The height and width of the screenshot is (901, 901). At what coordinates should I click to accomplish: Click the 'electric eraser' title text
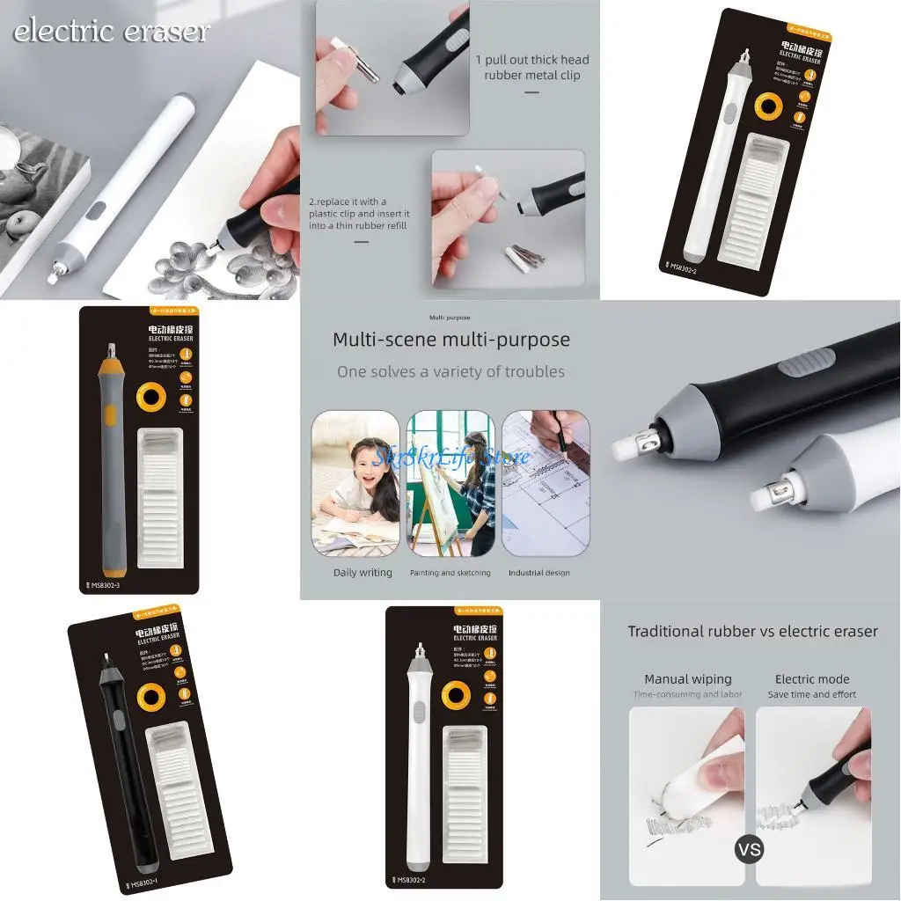pyautogui.click(x=112, y=33)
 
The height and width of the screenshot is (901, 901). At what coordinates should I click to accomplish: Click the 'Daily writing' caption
pyautogui.click(x=363, y=573)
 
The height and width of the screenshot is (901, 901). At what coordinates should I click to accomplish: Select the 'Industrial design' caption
pyautogui.click(x=538, y=573)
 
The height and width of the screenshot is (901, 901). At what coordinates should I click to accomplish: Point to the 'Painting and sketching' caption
pyautogui.click(x=450, y=573)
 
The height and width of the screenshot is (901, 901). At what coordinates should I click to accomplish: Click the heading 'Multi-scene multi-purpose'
pyautogui.click(x=450, y=340)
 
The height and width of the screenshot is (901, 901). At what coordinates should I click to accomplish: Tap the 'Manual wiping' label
pyautogui.click(x=687, y=679)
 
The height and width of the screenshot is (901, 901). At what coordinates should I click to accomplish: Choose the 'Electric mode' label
pyautogui.click(x=811, y=679)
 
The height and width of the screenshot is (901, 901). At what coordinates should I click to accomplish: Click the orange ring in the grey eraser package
pyautogui.click(x=151, y=398)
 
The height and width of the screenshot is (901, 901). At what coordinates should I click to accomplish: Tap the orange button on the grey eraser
pyautogui.click(x=109, y=416)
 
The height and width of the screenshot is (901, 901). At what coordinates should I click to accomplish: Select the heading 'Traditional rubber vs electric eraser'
pyautogui.click(x=752, y=631)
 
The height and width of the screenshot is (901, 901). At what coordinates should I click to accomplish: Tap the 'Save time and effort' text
pyautogui.click(x=811, y=694)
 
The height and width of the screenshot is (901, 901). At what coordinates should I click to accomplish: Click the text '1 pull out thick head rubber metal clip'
pyautogui.click(x=532, y=68)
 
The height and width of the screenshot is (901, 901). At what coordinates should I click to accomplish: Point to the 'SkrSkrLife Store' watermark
pyautogui.click(x=450, y=458)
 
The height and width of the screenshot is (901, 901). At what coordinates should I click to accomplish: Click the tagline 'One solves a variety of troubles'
pyautogui.click(x=450, y=371)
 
